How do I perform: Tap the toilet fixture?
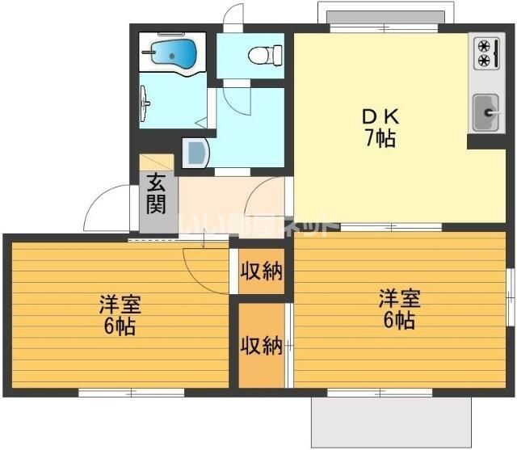click(260, 55)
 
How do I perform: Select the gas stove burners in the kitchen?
click(484, 53)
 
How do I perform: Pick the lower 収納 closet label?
click(261, 346)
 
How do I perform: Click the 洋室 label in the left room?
click(120, 305)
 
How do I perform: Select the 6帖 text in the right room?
click(400, 320)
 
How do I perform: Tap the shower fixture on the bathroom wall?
click(145, 103)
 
